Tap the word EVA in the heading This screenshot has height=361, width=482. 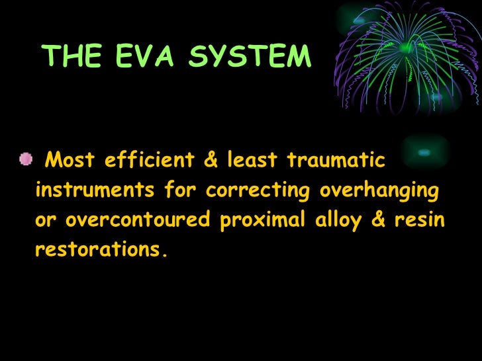point(137,58)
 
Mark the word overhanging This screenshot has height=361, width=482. point(379,191)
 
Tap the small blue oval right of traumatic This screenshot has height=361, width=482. point(424,152)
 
